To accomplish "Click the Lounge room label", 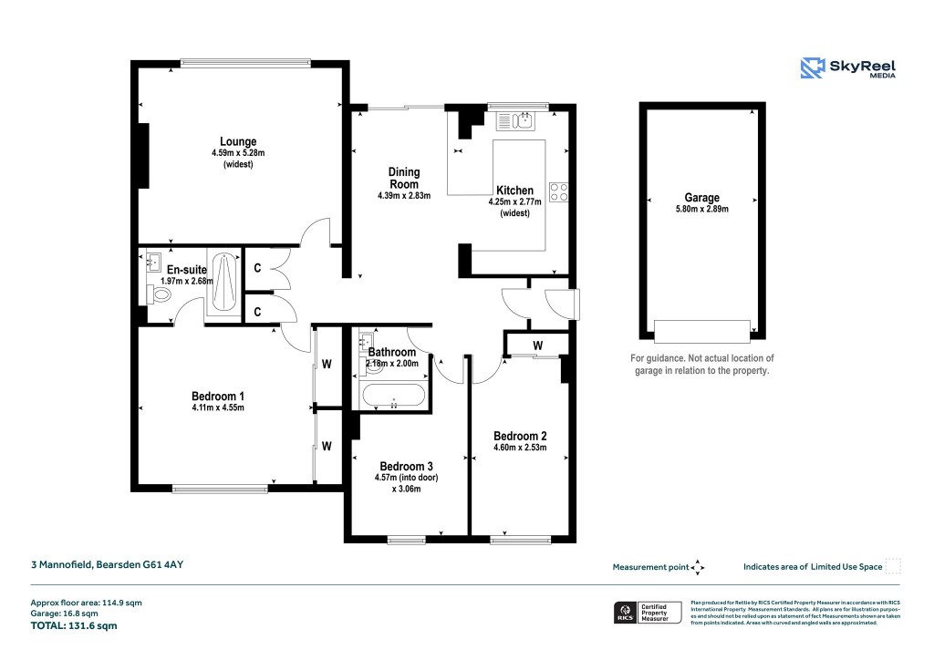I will [x=237, y=141].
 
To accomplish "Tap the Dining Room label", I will [x=404, y=178].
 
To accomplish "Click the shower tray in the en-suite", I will [x=224, y=282].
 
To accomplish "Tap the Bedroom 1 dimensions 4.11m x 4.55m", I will [x=218, y=407].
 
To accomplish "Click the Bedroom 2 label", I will [x=519, y=435].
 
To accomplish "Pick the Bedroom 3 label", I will [x=406, y=468].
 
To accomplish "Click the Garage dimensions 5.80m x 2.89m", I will [x=701, y=210].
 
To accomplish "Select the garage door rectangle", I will [x=702, y=327].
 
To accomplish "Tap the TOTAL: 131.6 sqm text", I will [x=74, y=626].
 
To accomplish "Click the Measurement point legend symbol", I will [x=698, y=567].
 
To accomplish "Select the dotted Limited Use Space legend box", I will [x=893, y=566].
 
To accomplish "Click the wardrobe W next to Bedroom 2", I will [x=538, y=345].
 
